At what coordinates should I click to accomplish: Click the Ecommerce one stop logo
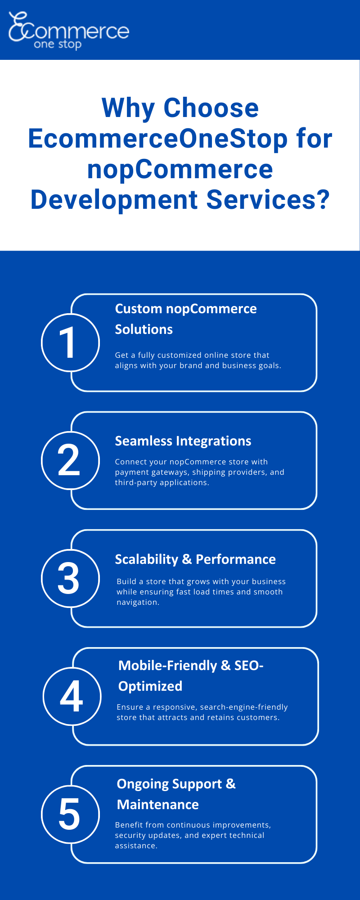[68, 31]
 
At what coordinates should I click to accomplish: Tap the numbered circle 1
[70, 342]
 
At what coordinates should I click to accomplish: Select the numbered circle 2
[70, 460]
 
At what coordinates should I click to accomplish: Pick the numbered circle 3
[70, 578]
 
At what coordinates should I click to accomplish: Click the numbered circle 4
[72, 696]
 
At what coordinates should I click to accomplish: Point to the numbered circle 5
[70, 814]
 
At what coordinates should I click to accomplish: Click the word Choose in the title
[211, 108]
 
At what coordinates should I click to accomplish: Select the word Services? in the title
[268, 200]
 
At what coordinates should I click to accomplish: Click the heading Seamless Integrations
[183, 441]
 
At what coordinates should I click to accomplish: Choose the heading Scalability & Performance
[195, 559]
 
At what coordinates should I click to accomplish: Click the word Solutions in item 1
[144, 329]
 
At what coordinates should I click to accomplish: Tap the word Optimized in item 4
[150, 686]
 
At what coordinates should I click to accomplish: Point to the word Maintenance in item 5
[157, 805]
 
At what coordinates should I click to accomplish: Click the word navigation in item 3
[137, 602]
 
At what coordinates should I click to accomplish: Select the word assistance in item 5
[135, 846]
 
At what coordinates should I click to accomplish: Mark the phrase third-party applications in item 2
[162, 482]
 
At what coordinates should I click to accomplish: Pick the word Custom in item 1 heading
[138, 309]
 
